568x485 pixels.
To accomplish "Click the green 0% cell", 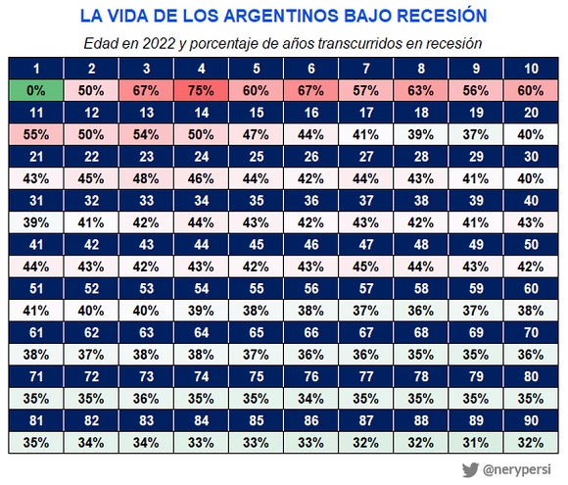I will [35, 90].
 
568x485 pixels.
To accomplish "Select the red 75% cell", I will [201, 90].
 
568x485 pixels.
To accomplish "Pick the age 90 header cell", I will [531, 420].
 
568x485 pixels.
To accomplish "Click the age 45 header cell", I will [256, 244].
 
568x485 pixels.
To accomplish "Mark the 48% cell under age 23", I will [146, 178].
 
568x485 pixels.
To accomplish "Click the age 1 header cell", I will [35, 68].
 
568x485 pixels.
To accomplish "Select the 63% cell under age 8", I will [421, 90].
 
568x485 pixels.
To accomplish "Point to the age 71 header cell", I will [35, 376].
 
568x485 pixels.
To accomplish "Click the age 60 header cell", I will [531, 288].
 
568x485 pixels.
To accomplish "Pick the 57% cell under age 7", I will [366, 90].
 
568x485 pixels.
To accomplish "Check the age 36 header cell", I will [311, 200].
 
